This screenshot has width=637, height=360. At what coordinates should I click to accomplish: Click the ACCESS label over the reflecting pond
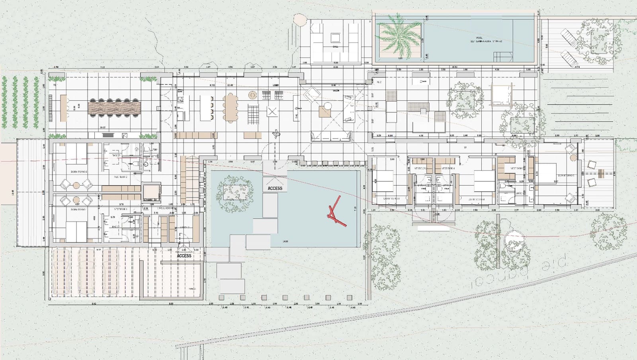pos(275,188)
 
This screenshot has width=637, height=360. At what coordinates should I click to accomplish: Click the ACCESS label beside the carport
pos(184,256)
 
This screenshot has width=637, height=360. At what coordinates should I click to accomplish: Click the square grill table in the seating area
pos(336,38)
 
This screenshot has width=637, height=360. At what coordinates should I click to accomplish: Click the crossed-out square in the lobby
pos(272,112)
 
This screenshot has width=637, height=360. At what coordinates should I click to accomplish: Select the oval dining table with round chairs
pos(230,107)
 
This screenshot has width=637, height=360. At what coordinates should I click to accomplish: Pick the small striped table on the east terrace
pos(601,174)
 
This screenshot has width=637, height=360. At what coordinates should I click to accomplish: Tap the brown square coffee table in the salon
pos(324,112)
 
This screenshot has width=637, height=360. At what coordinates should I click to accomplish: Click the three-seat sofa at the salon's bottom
pos(331,136)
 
